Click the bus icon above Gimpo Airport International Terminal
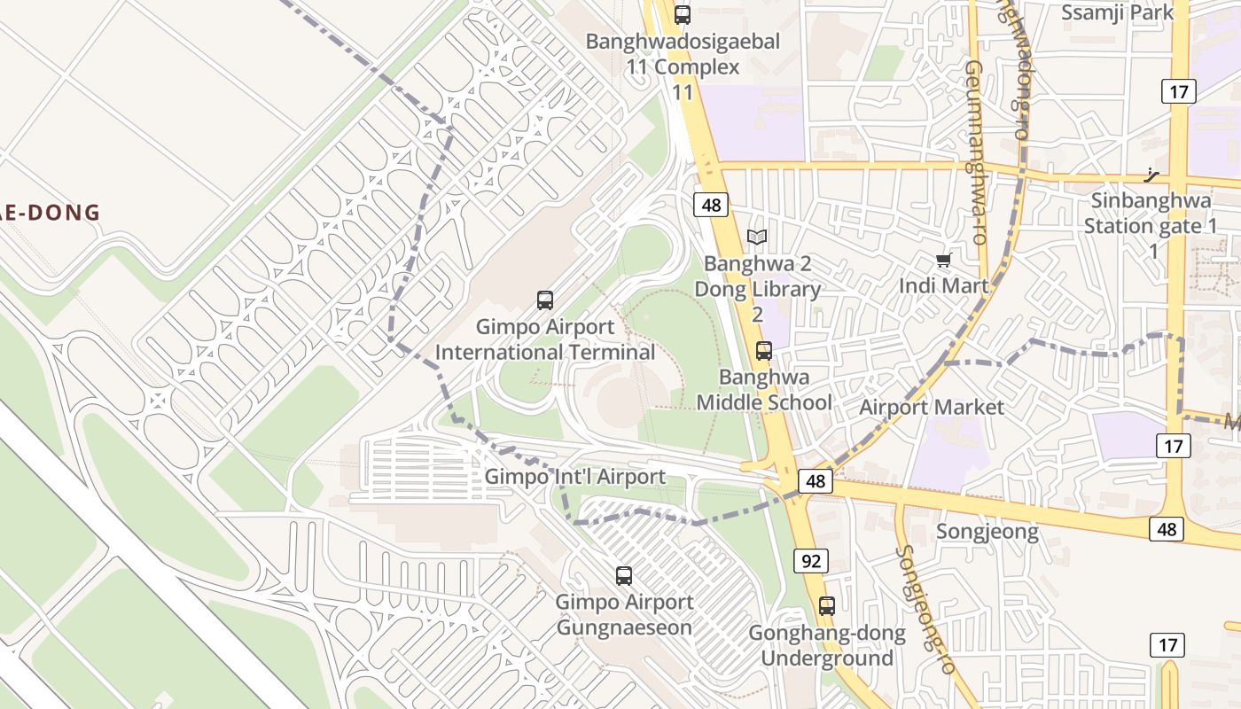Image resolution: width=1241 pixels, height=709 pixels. pyautogui.click(x=545, y=300)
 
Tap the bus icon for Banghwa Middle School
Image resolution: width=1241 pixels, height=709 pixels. pyautogui.click(x=763, y=351)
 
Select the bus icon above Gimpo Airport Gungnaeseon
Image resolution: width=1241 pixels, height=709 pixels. pyautogui.click(x=624, y=576)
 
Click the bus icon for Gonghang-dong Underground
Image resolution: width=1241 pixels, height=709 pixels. pyautogui.click(x=827, y=606)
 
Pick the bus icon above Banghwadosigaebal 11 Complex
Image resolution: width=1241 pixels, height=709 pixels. pyautogui.click(x=682, y=15)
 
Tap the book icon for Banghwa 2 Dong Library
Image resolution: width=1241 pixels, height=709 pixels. pyautogui.click(x=756, y=237)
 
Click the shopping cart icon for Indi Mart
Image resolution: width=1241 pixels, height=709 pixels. pyautogui.click(x=943, y=261)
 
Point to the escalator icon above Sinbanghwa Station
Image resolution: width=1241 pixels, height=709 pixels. pyautogui.click(x=1152, y=175)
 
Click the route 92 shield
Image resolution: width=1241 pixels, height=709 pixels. pyautogui.click(x=812, y=560)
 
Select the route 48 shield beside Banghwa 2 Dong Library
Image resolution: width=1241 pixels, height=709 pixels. pyautogui.click(x=711, y=206)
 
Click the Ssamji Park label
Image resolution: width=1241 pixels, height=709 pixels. pyautogui.click(x=1117, y=12)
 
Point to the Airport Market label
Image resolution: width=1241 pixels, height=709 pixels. pyautogui.click(x=932, y=407)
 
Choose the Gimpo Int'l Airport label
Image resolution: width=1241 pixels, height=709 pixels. pyautogui.click(x=574, y=477)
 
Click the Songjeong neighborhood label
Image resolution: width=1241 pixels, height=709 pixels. pyautogui.click(x=987, y=532)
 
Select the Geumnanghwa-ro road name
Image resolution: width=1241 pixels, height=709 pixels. pyautogui.click(x=976, y=152)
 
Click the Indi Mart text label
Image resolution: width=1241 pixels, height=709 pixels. pyautogui.click(x=942, y=285)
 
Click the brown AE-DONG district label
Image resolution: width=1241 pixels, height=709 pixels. pyautogui.click(x=50, y=213)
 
